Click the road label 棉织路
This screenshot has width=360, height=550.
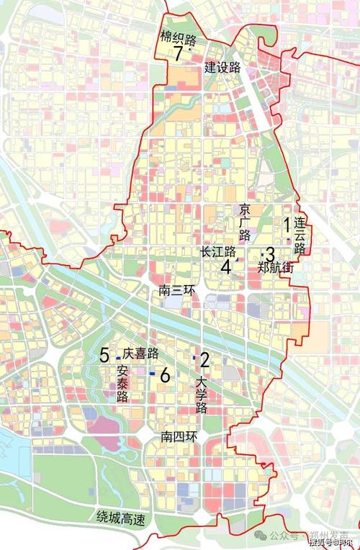pyautogui.click(x=177, y=37)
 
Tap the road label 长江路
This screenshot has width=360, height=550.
pyautogui.click(x=219, y=251)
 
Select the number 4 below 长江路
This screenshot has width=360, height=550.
pyautogui.click(x=225, y=266)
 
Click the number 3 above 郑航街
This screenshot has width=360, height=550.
pyautogui.click(x=270, y=253)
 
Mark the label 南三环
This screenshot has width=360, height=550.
pyautogui.click(x=176, y=290)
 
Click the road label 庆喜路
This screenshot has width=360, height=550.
pyautogui.click(x=140, y=353)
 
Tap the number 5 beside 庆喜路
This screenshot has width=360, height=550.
pyautogui.click(x=104, y=354)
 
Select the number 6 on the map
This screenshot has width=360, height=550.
pyautogui.click(x=165, y=375)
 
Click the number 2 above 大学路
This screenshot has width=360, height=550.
pyautogui.click(x=204, y=359)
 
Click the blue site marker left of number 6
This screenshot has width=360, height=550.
pyautogui.click(x=152, y=374)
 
